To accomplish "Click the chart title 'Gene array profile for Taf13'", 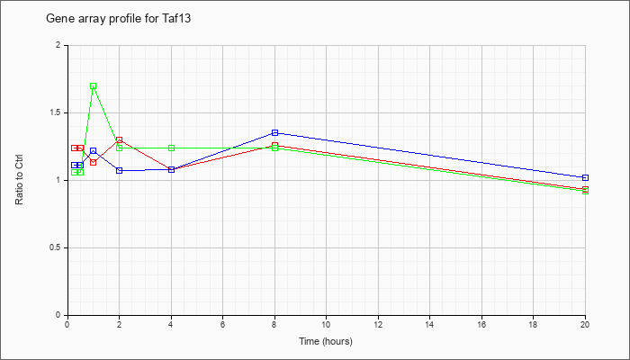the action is [x=118, y=19].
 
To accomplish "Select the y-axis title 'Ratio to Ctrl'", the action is [x=19, y=180].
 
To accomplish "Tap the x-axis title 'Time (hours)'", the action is [x=326, y=341].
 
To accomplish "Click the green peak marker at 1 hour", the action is [x=94, y=86].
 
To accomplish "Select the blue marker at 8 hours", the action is [x=274, y=132].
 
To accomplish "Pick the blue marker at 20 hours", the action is [x=585, y=177].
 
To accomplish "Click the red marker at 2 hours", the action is [x=120, y=139].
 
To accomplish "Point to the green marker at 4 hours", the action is [x=171, y=148].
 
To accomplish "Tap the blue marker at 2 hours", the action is [x=120, y=171].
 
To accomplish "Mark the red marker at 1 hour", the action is [x=94, y=162].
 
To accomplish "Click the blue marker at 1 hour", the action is [x=94, y=150].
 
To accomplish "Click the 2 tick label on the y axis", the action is [x=58, y=45].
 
